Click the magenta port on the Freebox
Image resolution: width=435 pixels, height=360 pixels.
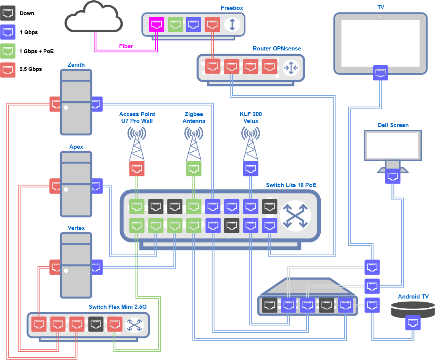point(156,25)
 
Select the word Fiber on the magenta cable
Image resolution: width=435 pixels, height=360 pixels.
point(126,46)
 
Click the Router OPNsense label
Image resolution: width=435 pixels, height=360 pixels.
point(277,49)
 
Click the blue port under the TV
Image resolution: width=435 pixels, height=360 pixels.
point(381,72)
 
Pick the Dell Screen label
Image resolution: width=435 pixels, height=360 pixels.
point(393,125)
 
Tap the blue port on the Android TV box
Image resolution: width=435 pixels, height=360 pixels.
point(413,322)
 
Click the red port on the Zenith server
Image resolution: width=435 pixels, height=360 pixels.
point(55,104)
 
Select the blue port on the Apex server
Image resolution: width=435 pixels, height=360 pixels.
point(96,186)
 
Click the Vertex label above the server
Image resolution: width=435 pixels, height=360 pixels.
point(76,228)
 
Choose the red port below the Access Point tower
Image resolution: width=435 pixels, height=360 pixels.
point(137,168)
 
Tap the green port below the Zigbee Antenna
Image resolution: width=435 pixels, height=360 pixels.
point(194,168)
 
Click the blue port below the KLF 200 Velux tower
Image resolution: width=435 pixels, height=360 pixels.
point(251,168)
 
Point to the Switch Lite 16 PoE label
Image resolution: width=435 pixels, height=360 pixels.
point(291,185)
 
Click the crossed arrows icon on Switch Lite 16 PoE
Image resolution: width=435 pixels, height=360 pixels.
point(295,215)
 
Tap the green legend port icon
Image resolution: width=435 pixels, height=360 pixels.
point(8,51)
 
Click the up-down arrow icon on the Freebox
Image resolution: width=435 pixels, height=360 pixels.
point(232,25)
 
